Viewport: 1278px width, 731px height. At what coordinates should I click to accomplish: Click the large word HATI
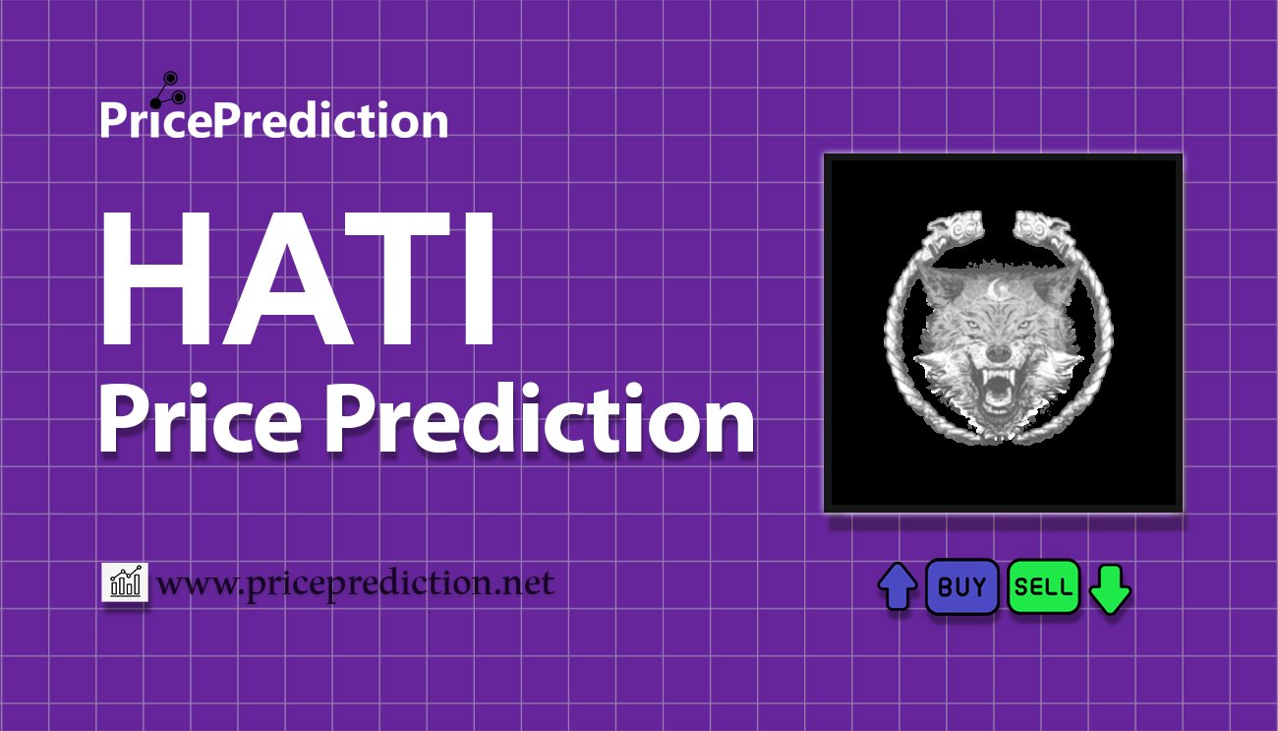tap(297, 279)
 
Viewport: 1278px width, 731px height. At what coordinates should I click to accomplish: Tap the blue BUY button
tap(961, 586)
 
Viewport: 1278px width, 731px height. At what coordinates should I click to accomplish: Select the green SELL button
tap(1043, 586)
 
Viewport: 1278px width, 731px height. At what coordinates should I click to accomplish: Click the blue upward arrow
tap(898, 586)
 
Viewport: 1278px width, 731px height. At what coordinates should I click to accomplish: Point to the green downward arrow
tap(1110, 589)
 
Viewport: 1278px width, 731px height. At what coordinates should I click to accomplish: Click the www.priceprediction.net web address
tap(356, 583)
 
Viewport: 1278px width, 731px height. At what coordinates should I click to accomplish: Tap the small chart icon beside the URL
tap(125, 581)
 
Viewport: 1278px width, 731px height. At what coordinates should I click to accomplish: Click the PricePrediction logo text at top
tap(274, 120)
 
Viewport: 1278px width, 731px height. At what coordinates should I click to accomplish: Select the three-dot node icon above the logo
tap(168, 91)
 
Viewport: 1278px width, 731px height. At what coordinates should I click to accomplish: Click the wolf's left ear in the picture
tap(940, 285)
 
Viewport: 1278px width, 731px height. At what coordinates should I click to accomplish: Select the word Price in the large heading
tap(201, 419)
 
